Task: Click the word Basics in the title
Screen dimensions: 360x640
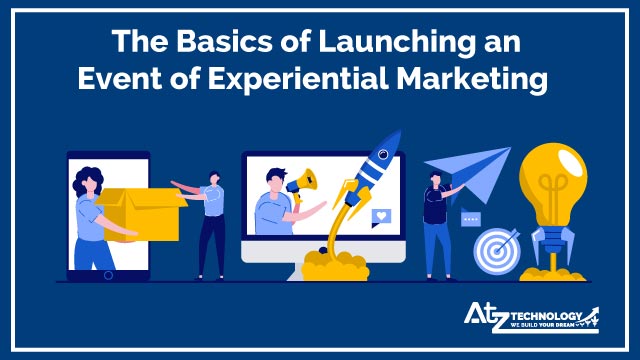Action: coord(204,43)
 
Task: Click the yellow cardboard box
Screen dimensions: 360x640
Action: coord(143,213)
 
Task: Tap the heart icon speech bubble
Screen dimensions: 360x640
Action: coord(381,215)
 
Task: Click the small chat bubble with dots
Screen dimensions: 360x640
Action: coord(470,219)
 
